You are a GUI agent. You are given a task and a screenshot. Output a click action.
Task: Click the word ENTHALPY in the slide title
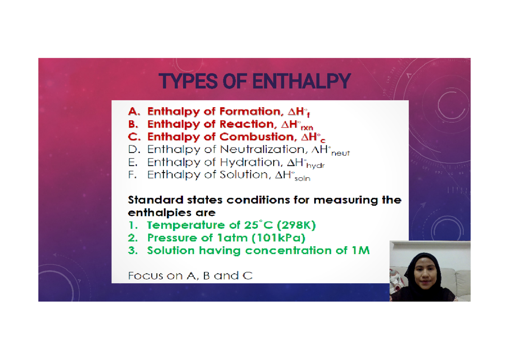pos(301,81)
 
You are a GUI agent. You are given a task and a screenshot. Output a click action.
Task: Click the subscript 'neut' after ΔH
pos(340,153)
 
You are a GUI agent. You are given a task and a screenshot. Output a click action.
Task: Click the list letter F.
pos(132,175)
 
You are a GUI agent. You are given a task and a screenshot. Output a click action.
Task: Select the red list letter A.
pos(133,112)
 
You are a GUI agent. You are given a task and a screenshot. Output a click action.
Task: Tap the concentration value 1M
pos(361,251)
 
